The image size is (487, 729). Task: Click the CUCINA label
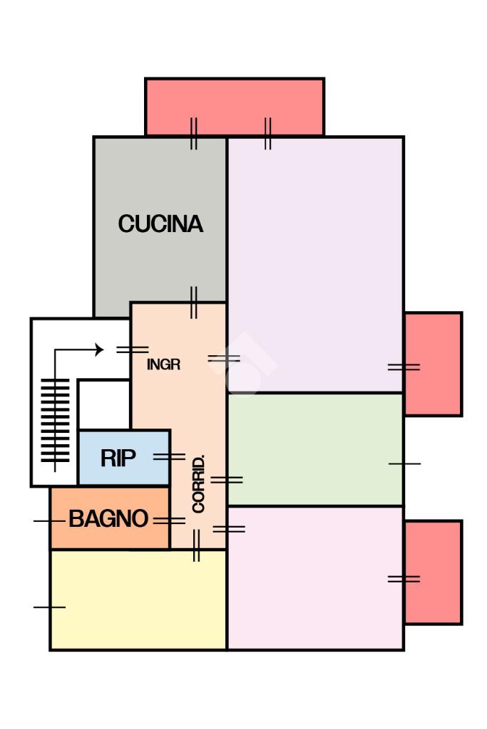pos(160,224)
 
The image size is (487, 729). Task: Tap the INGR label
pos(163,364)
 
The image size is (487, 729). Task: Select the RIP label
pos(118,458)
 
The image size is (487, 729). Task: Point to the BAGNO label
pos(108,518)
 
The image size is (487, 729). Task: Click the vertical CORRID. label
pos(199,484)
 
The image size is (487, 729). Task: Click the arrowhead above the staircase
pos(98,350)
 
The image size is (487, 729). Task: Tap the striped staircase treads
pos(56,421)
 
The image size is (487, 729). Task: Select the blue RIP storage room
pos(124,458)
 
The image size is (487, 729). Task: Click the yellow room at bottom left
pos(138,599)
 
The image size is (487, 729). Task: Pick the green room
pos(315,449)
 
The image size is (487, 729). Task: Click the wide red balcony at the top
pos(235,107)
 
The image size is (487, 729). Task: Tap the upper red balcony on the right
pos(433,364)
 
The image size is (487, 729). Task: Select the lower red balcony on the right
pos(433,572)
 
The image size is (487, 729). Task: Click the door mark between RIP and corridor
pos(170,457)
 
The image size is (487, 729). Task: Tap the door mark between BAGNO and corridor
pos(170,521)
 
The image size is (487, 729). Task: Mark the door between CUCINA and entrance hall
pos(194,303)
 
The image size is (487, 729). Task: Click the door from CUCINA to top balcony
pos(194,134)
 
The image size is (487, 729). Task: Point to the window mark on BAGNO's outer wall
pos(49,521)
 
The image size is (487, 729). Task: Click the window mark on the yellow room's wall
pos(49,607)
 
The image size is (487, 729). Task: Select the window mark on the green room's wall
pos(404,464)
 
